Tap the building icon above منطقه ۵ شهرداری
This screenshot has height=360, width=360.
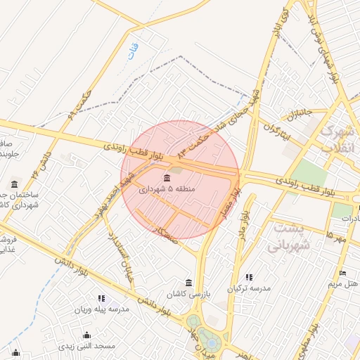pyautogui.click(x=167, y=177)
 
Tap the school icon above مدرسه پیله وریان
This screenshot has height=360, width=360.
pyautogui.click(x=101, y=298)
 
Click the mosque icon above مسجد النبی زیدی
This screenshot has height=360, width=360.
pyautogui.click(x=86, y=335)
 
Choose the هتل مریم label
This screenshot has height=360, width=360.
pyautogui.click(x=343, y=284)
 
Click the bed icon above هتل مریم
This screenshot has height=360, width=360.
pyautogui.click(x=342, y=273)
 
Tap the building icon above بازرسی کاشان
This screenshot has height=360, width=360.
pyautogui.click(x=187, y=281)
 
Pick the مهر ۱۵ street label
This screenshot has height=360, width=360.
pyautogui.click(x=335, y=237)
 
